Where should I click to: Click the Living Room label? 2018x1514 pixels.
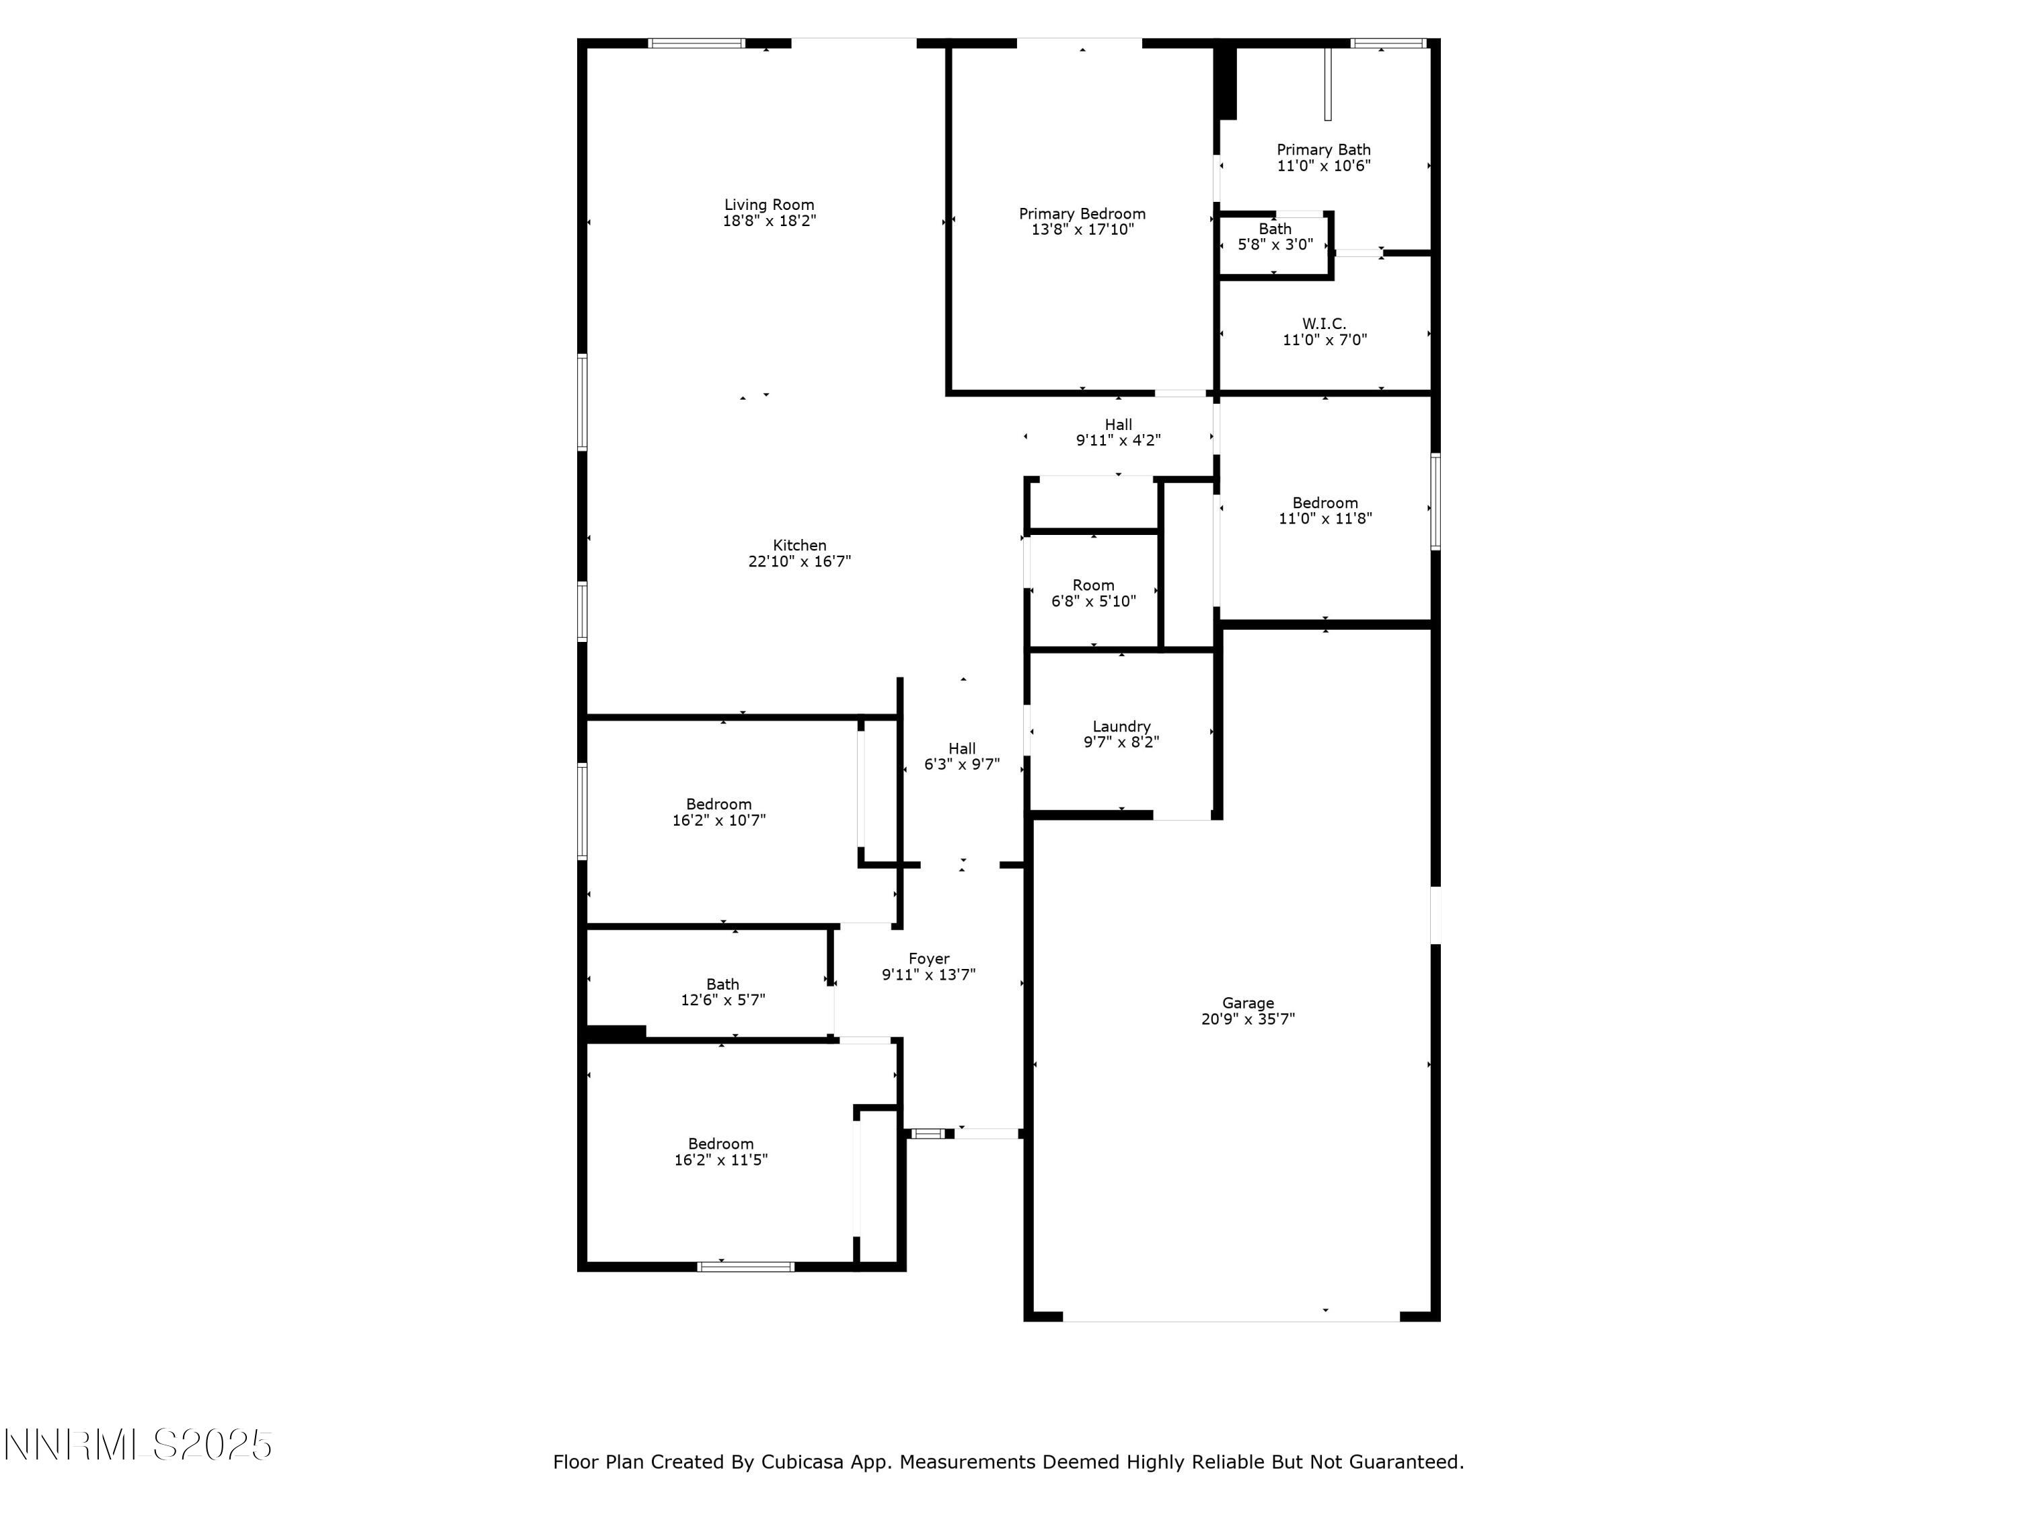pos(769,205)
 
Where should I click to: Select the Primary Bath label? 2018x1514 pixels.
pos(1323,149)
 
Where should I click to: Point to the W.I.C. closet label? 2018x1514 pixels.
pos(1324,324)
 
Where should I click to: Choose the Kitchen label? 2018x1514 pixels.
pos(799,546)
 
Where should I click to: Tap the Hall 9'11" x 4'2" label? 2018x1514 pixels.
pos(1119,433)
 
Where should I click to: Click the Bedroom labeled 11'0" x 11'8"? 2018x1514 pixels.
pos(1324,510)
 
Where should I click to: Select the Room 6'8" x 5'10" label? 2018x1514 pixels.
pos(1093,593)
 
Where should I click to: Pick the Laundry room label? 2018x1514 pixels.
pos(1121,727)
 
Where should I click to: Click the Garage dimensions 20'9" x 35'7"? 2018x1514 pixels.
pos(1247,1019)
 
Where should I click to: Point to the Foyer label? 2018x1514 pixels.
pos(929,959)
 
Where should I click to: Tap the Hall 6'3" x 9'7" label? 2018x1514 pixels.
pos(961,756)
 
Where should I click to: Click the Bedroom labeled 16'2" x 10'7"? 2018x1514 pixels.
pos(719,812)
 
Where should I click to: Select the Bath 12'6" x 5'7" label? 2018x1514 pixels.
pos(722,992)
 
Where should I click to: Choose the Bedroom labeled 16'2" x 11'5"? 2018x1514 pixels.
pos(720,1152)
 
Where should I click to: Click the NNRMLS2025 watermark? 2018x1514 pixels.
pos(139,1445)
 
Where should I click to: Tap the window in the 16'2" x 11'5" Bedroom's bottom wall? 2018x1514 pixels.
pos(745,1266)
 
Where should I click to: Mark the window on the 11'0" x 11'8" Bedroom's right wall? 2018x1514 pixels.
pos(1434,502)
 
